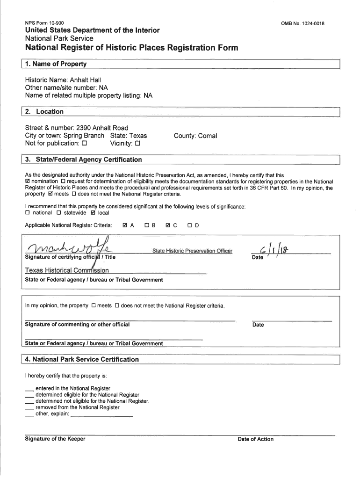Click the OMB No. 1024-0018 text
click(302, 23)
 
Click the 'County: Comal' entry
click(195, 136)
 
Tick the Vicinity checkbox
click(138, 144)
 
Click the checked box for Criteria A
click(125, 225)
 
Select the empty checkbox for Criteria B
click(147, 225)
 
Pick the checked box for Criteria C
click(168, 225)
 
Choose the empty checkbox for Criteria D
click(190, 225)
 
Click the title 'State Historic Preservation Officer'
click(192, 251)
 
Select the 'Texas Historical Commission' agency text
click(67, 270)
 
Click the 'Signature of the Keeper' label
click(55, 439)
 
